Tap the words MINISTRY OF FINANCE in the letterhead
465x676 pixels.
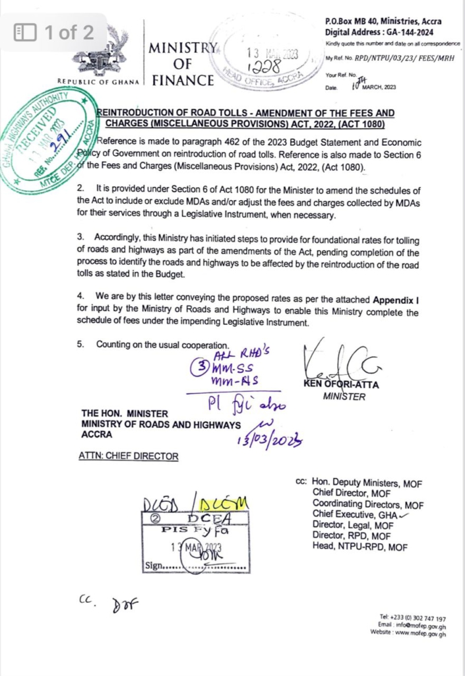pos(183,65)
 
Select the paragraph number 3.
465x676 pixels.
pos(80,236)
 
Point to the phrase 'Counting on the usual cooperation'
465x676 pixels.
pos(162,345)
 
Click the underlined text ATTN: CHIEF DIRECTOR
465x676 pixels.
pos(129,455)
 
